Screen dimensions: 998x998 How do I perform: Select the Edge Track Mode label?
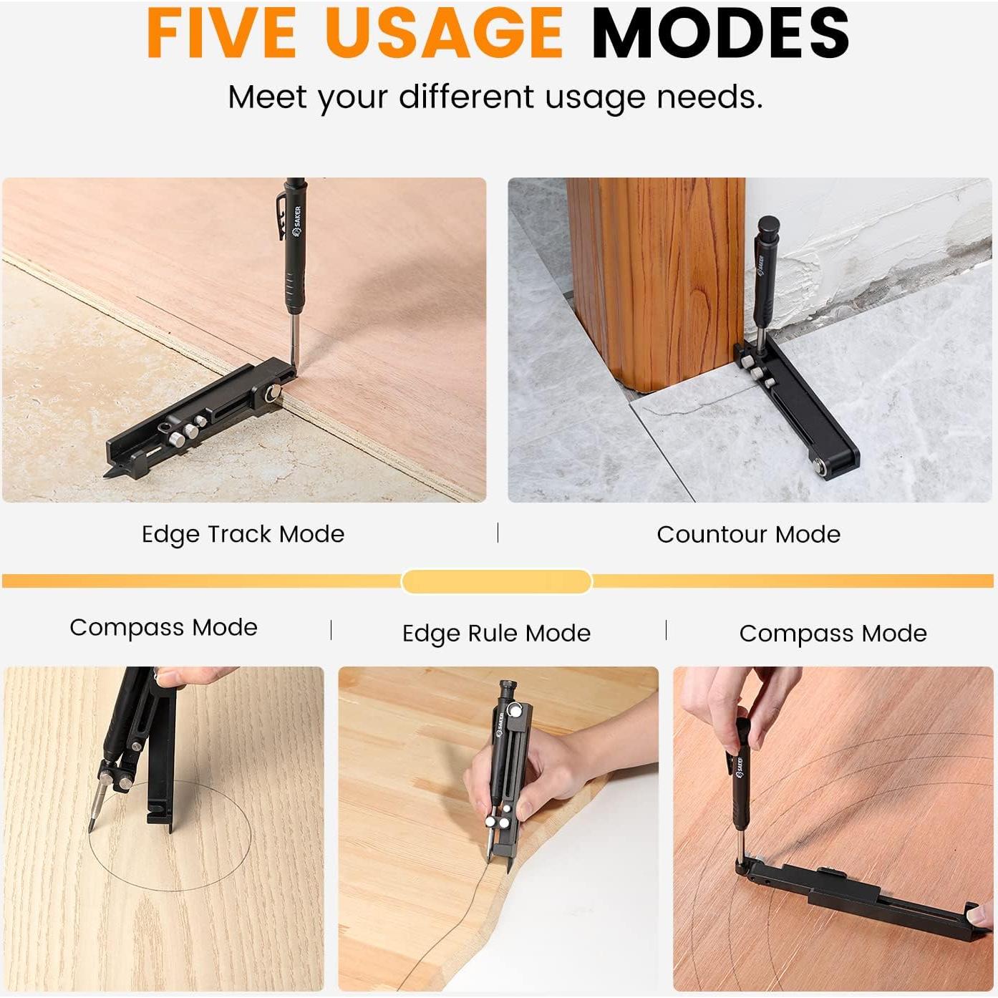pos(243,534)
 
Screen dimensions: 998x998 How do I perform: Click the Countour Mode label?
pos(748,534)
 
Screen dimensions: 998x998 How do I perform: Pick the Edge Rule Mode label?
pos(496,634)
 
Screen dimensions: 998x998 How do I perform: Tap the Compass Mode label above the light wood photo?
pos(164,628)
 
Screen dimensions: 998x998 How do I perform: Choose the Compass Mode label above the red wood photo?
pos(833,634)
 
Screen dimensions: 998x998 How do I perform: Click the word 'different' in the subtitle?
pos(466,97)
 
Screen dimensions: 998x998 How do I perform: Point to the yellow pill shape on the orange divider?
pos(496,581)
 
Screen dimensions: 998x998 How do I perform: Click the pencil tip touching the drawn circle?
pos(91,830)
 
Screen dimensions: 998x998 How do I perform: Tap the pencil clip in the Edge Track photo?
pos(280,218)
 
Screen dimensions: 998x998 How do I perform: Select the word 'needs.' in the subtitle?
pos(709,97)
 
